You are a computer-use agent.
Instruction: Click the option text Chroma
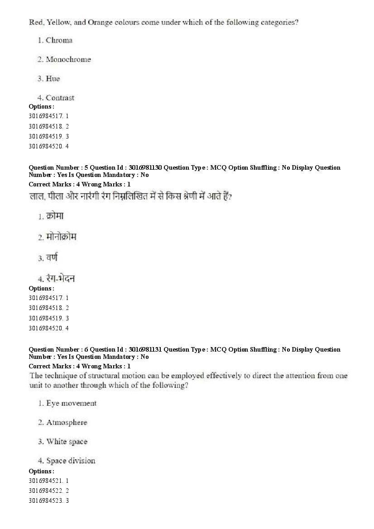(x=59, y=40)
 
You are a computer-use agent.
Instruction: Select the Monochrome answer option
(x=68, y=59)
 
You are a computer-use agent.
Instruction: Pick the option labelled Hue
(x=53, y=79)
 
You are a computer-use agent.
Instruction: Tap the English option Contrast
(x=60, y=98)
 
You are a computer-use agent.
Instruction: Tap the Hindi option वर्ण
(x=52, y=257)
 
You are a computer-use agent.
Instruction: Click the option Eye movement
(x=71, y=403)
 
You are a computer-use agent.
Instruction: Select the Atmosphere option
(x=67, y=422)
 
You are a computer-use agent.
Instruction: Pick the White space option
(x=67, y=442)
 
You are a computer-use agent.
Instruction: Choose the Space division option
(x=71, y=461)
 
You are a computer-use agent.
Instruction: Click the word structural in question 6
(x=98, y=376)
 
